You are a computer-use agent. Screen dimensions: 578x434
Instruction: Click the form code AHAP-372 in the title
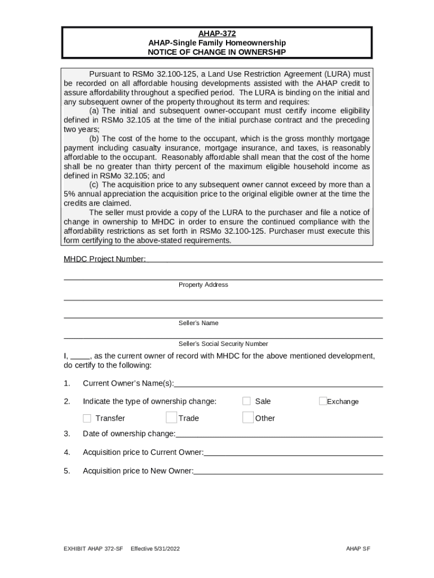click(x=216, y=33)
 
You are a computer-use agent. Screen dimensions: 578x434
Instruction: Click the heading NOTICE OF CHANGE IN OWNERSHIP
click(x=216, y=52)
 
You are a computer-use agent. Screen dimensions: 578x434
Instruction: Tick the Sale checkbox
click(x=247, y=401)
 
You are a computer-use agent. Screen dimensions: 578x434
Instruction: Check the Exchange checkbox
click(x=323, y=401)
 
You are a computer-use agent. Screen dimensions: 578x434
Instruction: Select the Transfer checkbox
click(x=87, y=418)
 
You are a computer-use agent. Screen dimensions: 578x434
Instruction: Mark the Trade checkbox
click(x=171, y=418)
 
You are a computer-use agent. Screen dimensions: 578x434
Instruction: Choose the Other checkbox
click(x=248, y=418)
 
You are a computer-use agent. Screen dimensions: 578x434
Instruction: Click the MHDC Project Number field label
click(x=104, y=259)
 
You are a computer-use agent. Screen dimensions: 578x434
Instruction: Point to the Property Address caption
click(x=203, y=285)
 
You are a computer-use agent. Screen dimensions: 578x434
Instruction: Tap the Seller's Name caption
click(x=198, y=323)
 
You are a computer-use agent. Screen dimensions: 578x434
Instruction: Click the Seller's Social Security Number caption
click(x=223, y=344)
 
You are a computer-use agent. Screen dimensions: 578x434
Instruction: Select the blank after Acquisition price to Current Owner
click(x=293, y=452)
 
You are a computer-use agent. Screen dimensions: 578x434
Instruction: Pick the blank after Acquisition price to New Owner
click(x=288, y=471)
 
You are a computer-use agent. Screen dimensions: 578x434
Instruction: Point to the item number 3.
click(x=67, y=433)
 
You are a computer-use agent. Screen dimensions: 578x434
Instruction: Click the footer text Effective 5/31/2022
click(x=155, y=549)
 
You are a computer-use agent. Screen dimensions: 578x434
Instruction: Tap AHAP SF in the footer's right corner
click(x=358, y=549)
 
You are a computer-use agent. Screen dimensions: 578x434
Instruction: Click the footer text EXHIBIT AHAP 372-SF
click(x=93, y=549)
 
